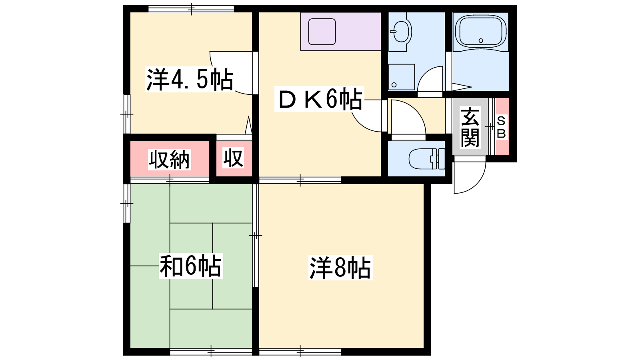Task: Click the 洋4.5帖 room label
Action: point(190,79)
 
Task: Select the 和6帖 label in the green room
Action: point(190,266)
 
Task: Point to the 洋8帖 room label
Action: point(340,268)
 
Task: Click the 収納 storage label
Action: point(170,160)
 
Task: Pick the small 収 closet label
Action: point(234,158)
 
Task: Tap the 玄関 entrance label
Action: point(470,127)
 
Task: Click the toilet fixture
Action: point(427,159)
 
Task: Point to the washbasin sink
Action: point(400,32)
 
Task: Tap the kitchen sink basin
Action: point(322,32)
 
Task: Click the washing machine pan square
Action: point(402,77)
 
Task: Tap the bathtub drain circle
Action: point(480,40)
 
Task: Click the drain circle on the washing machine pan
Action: point(394,85)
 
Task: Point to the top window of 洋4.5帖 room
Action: point(191,9)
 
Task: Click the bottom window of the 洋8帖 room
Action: point(300,351)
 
